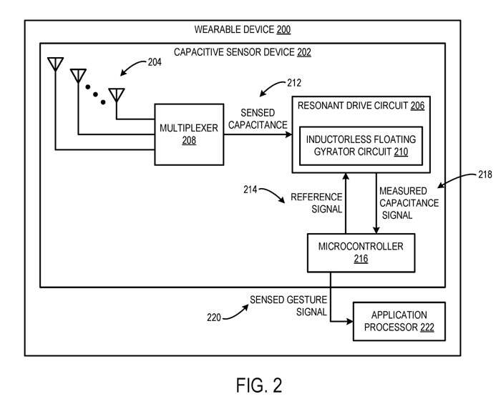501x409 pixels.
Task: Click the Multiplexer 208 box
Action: [189, 134]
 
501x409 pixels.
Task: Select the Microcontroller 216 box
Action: [361, 252]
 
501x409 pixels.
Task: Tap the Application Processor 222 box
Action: [399, 322]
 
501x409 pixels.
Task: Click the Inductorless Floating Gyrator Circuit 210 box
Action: [360, 144]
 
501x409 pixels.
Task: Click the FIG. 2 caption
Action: [259, 385]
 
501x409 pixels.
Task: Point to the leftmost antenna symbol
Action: [54, 64]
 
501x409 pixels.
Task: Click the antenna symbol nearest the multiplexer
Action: [116, 94]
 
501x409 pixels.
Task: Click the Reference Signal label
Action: [316, 202]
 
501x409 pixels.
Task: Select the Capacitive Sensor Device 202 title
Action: [243, 52]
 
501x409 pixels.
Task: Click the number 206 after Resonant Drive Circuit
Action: [418, 105]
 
